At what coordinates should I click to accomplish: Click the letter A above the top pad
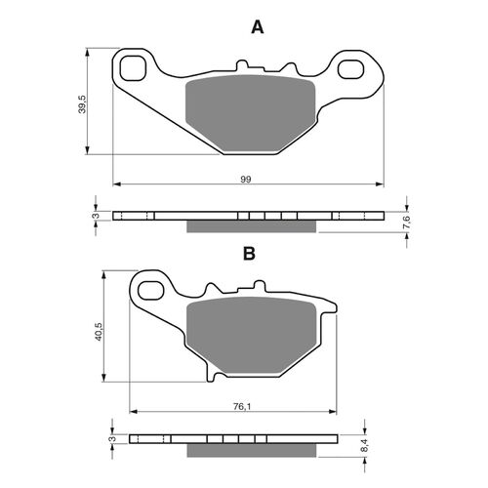click(258, 28)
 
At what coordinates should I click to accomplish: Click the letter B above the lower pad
click(249, 254)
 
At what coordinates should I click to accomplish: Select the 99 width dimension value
click(246, 177)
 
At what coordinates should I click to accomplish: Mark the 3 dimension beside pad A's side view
click(96, 217)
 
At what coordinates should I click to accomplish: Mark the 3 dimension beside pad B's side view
click(111, 439)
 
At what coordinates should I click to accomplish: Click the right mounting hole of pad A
click(361, 69)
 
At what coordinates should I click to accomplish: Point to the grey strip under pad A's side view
click(252, 226)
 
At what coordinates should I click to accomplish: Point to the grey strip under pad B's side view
click(252, 450)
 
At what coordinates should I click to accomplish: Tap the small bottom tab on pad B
click(217, 376)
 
